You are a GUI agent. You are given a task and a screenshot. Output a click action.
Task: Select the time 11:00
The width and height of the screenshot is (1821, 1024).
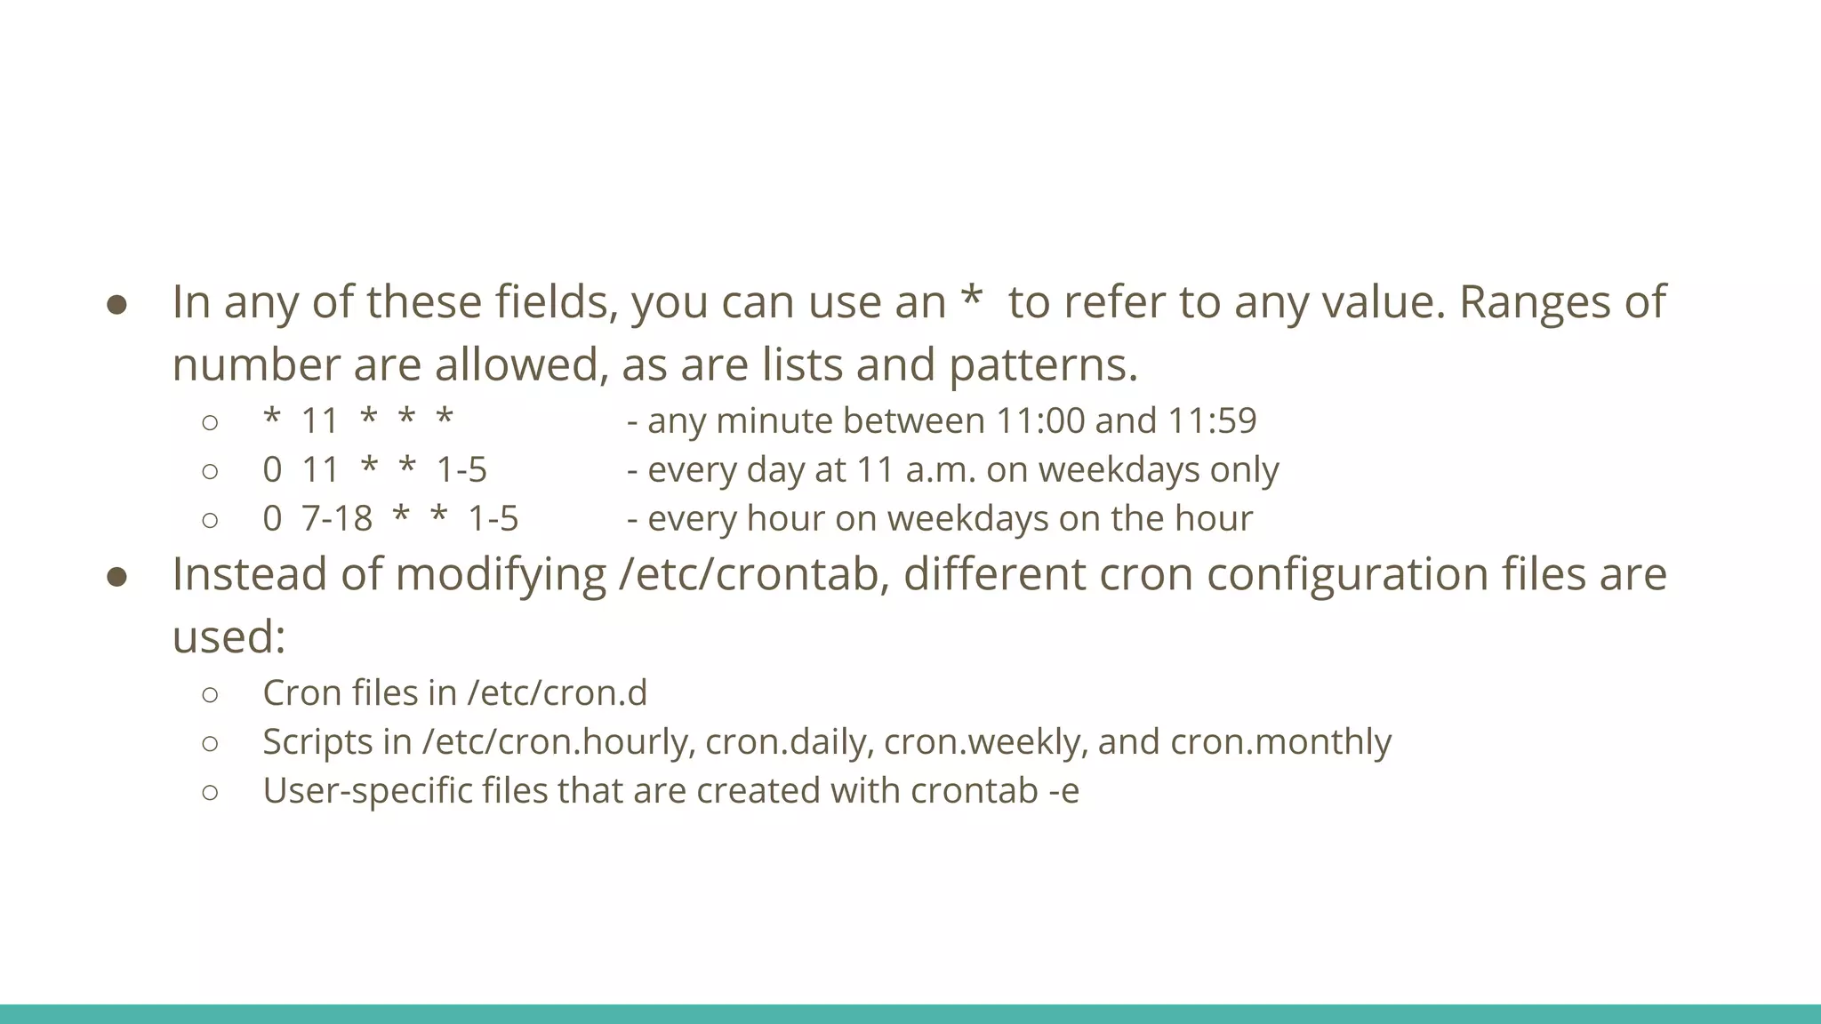pyautogui.click(x=1040, y=421)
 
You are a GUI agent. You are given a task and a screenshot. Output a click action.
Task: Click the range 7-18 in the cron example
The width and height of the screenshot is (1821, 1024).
pyautogui.click(x=337, y=519)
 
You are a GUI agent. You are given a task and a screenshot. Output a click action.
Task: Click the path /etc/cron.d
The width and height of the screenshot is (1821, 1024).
pyautogui.click(x=558, y=693)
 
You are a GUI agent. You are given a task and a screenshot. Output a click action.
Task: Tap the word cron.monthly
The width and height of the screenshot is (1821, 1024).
pyautogui.click(x=1280, y=742)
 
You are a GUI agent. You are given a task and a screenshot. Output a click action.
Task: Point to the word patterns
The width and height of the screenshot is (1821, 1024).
pyautogui.click(x=1043, y=365)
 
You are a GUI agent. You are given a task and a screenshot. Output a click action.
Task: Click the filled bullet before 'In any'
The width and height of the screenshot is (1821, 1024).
pyautogui.click(x=117, y=305)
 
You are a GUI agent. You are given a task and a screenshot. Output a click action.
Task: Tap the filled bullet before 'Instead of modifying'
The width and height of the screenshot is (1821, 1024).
pyautogui.click(x=117, y=578)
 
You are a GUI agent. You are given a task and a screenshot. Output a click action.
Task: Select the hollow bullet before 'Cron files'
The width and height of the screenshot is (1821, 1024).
pyautogui.click(x=210, y=694)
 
